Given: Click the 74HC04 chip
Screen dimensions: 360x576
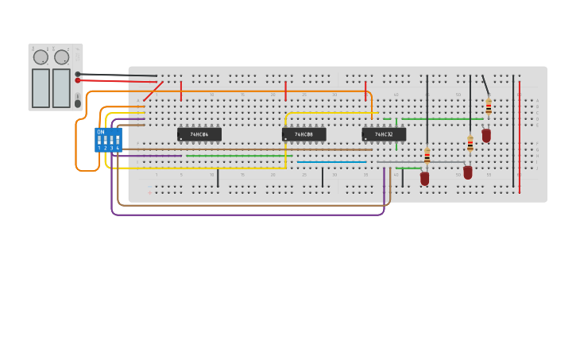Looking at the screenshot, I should point(199,134).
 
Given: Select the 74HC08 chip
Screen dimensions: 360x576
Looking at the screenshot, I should point(303,134).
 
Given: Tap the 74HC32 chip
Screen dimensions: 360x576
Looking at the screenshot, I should point(384,134).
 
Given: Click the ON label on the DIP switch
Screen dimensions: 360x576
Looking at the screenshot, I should point(101,132).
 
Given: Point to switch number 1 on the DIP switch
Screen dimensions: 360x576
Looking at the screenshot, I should point(99,141).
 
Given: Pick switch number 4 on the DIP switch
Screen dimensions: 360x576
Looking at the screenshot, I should point(118,141).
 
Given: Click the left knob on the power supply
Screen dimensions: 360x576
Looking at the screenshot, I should point(41,57).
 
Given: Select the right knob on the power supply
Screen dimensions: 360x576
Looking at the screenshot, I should point(62,57).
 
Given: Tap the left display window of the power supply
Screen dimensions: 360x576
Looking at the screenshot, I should point(41,87).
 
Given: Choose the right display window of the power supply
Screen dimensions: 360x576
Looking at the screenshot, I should point(61,87).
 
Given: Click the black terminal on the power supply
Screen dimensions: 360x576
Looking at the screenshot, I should point(78,74).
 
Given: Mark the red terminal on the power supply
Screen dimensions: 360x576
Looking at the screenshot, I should point(78,80).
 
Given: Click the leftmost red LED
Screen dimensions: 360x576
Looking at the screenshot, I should point(425,178).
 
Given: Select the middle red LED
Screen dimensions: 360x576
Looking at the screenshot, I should point(468,172).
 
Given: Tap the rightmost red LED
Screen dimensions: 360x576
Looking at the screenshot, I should point(486,136).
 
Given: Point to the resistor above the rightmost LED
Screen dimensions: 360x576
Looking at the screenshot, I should point(489,106).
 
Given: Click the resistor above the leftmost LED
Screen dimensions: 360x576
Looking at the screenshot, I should point(427,155).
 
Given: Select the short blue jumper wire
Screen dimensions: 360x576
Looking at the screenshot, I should point(332,162).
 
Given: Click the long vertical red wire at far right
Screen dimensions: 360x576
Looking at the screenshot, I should point(520,135).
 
